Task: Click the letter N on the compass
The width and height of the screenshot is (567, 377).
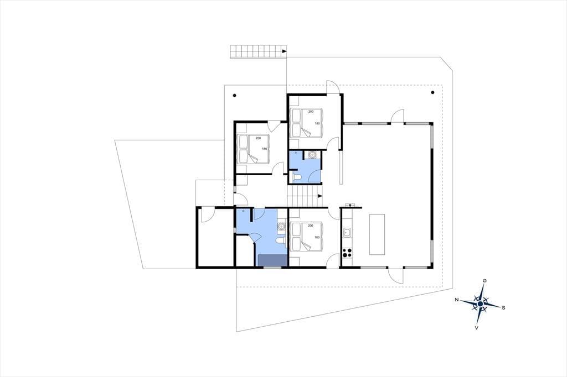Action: [x=457, y=300]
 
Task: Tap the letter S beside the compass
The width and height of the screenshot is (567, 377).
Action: [x=503, y=308]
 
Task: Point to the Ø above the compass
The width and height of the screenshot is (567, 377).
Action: [x=484, y=281]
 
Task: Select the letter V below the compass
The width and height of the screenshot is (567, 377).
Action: [x=477, y=328]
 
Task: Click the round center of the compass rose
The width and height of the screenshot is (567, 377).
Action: [x=480, y=305]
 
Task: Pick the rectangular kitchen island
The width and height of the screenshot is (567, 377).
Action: [x=377, y=234]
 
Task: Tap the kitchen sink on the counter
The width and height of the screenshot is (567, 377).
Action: [x=347, y=233]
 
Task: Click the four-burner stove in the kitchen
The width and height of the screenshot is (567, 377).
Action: [x=347, y=253]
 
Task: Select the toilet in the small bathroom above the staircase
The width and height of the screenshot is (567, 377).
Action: [x=297, y=177]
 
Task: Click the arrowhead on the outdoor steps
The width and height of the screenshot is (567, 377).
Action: [x=284, y=51]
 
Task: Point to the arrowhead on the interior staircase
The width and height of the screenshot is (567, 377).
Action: [x=320, y=196]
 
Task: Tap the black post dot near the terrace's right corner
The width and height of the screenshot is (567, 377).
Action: [x=432, y=92]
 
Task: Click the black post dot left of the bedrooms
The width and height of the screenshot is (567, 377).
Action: [x=235, y=96]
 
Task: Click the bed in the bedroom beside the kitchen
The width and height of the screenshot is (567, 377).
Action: [x=306, y=236]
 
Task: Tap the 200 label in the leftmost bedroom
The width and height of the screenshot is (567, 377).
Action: [x=258, y=138]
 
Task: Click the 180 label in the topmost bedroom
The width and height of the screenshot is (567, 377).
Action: [x=317, y=123]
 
